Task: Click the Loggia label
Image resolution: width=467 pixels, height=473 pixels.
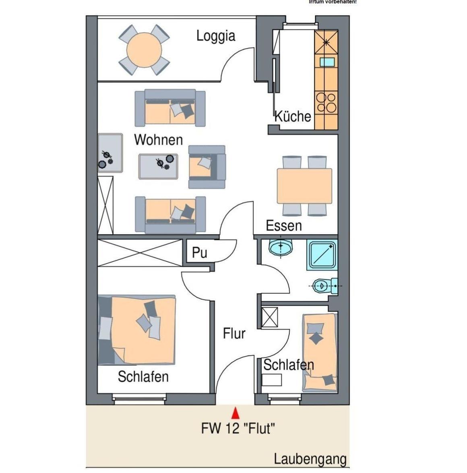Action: click(x=216, y=36)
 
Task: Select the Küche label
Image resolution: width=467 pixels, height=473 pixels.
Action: click(x=293, y=116)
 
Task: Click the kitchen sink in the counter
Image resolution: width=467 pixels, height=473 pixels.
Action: click(x=327, y=62)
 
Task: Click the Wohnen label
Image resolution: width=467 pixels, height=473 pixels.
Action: click(x=158, y=140)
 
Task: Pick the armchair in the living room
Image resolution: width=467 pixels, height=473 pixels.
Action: click(x=207, y=167)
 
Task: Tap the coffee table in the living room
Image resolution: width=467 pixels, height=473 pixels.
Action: click(x=158, y=166)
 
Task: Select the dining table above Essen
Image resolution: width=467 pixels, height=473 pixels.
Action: click(x=304, y=186)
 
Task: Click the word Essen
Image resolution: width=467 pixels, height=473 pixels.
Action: click(x=284, y=226)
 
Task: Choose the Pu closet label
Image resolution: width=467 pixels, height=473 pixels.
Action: click(x=199, y=253)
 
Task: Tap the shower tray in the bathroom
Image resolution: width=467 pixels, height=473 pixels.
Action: click(x=322, y=255)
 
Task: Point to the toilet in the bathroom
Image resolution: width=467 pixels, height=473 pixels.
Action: click(x=325, y=286)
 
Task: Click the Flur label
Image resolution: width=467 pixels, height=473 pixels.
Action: click(x=234, y=334)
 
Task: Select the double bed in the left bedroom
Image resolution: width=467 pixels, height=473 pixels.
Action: click(x=137, y=330)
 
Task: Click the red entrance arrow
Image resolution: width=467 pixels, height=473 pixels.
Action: click(x=236, y=413)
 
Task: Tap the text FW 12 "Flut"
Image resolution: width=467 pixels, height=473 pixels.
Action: click(x=238, y=428)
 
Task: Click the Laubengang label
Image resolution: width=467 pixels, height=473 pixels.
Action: click(x=310, y=459)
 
